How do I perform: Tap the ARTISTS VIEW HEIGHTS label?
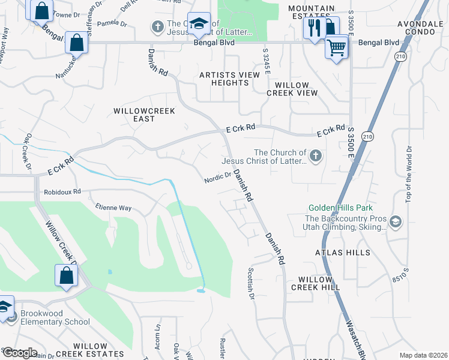tap(230, 79)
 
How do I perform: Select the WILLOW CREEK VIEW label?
tap(292, 89)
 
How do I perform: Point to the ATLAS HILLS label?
tap(343, 253)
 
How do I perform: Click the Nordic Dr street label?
tap(217, 178)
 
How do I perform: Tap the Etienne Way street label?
tap(113, 208)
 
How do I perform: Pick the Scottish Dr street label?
tap(251, 284)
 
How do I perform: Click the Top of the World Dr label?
tap(408, 174)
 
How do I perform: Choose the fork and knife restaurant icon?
tap(314, 27)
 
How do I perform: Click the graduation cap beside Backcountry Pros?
tap(395, 222)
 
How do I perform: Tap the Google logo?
tap(19, 353)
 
